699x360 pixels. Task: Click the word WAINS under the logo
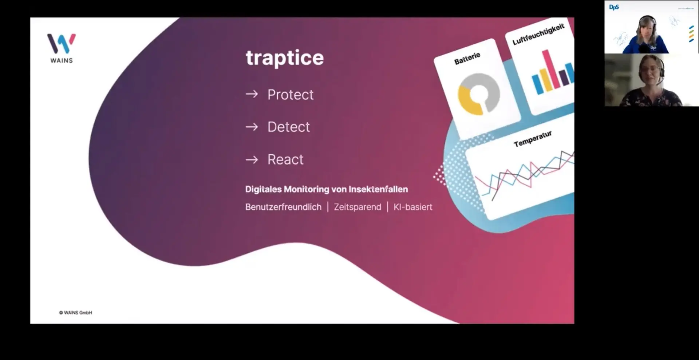coord(62,60)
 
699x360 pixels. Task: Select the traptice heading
coord(285,58)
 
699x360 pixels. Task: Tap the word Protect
coord(291,95)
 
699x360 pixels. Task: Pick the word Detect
coord(289,127)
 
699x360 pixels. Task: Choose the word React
coord(285,159)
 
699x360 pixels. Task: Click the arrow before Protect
coord(252,95)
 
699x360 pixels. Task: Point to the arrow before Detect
coord(252,127)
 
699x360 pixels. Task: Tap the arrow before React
coord(252,159)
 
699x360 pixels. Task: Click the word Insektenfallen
coord(378,189)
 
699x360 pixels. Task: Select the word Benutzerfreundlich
coord(283,207)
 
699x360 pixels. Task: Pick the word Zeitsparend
coord(358,207)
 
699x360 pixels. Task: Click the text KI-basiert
coord(413,207)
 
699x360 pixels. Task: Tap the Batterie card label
coord(467,59)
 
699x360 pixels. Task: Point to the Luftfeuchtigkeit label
coord(538,34)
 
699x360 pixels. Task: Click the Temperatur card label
coord(533,139)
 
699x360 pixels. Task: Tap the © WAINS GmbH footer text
coord(76,313)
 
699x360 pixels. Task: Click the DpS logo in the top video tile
coord(614,7)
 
